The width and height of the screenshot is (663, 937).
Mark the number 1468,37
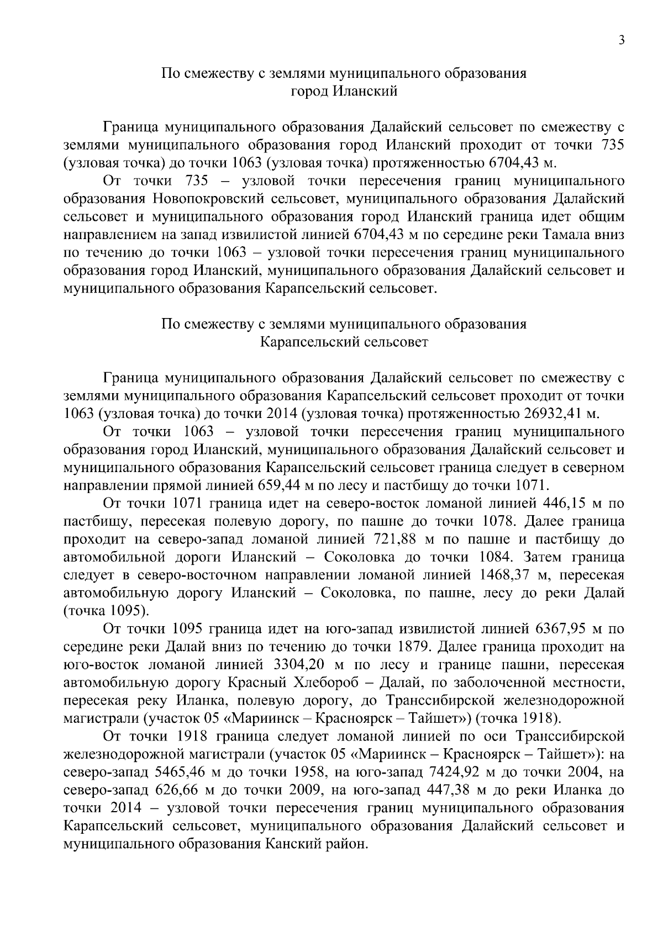pos(505,575)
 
